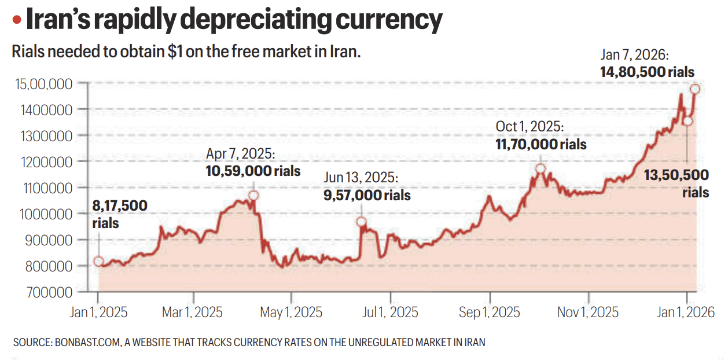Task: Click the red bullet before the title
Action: coord(17,21)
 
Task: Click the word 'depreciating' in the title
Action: coord(254,21)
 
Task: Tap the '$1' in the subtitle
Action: coord(177,52)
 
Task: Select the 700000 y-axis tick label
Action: coord(49,292)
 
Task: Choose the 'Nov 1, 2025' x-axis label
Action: coord(587,313)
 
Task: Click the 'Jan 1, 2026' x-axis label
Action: coord(686,313)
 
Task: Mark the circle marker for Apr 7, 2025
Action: coord(253,195)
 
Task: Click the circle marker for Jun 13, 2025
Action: coord(361,222)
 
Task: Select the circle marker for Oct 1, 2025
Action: coord(541,168)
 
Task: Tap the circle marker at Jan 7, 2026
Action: coord(695,89)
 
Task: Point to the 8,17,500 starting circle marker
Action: coord(99,262)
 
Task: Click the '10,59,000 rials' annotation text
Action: coord(253,171)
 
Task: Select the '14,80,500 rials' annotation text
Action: coord(647,72)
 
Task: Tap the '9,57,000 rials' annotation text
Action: coord(367,196)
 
